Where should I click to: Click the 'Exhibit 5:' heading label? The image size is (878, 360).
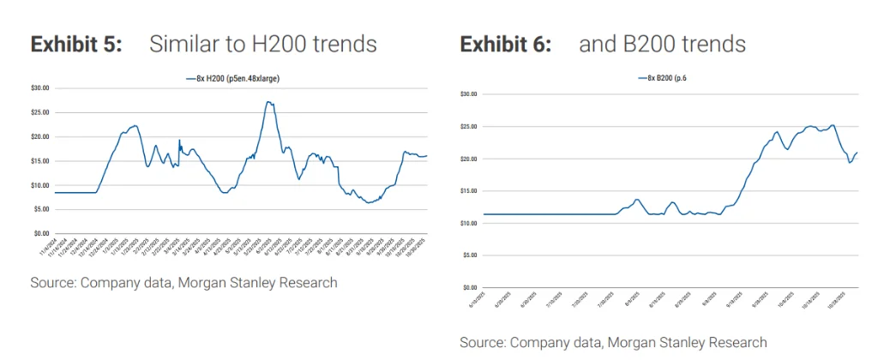76,45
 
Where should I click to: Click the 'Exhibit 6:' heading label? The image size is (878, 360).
505,44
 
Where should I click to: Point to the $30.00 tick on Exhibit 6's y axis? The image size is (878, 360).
468,93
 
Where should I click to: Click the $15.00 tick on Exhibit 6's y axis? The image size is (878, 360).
468,190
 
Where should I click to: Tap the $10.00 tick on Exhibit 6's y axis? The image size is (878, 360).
468,223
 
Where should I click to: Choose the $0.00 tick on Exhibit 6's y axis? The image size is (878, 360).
470,287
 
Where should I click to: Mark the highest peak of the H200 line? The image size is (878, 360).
268,102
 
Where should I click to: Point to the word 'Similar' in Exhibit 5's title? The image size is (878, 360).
178,45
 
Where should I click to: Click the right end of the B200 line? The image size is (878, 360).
857,153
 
